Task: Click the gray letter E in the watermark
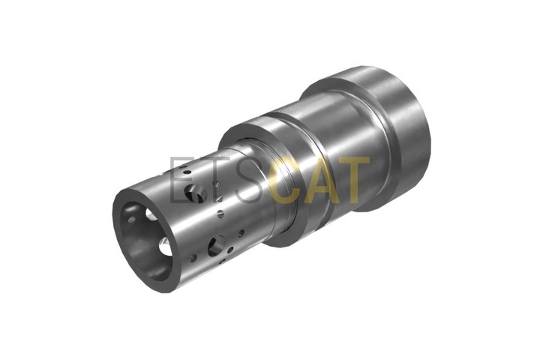[181, 179]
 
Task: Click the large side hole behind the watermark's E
[195, 193]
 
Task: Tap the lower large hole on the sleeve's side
[216, 245]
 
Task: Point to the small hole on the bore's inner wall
[131, 219]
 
